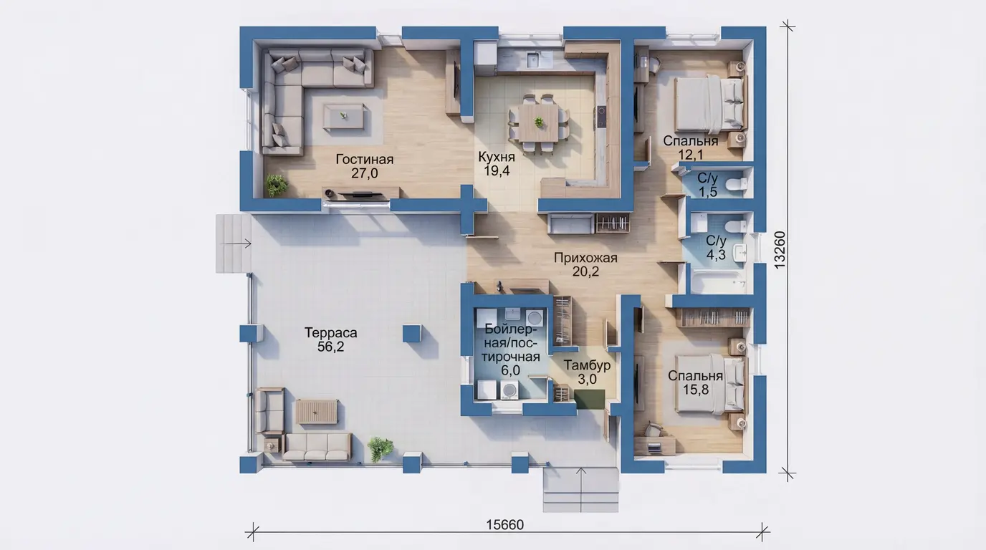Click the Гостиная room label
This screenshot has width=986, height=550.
pos(365,159)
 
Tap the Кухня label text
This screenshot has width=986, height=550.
pos(497,157)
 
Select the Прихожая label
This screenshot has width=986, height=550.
pos(585,258)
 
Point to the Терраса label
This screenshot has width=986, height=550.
pos(330,332)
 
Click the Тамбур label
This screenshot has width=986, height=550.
pos(587,365)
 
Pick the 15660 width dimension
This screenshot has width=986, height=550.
pos(505,525)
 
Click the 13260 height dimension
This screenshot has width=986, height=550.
pos(779,250)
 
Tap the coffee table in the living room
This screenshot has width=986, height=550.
pos(343,116)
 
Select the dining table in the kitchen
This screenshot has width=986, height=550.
pos(538,122)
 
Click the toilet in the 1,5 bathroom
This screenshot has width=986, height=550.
pos(737,184)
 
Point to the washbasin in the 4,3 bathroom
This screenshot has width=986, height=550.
pos(740,253)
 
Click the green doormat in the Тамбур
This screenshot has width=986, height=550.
pos(590,399)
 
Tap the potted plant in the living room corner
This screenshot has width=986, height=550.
pos(276,185)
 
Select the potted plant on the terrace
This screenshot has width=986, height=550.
pos(380,449)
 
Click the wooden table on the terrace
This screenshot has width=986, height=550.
pos(317,412)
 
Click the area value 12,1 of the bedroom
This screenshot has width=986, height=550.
pos(690,155)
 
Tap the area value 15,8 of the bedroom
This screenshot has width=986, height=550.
pos(696,390)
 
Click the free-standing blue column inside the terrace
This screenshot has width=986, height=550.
pos(411,334)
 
